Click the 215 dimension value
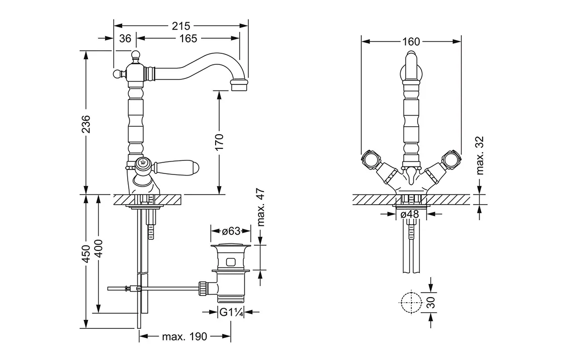click(x=180, y=25)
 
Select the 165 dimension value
click(x=186, y=38)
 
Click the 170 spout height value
click(x=219, y=142)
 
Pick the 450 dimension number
click(x=86, y=253)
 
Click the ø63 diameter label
click(x=230, y=231)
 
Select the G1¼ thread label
click(x=231, y=313)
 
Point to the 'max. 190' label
click(x=184, y=337)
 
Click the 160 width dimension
click(x=411, y=42)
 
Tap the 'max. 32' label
click(x=480, y=156)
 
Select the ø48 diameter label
click(x=411, y=214)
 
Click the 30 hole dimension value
click(x=431, y=302)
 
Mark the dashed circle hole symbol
click(x=411, y=302)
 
